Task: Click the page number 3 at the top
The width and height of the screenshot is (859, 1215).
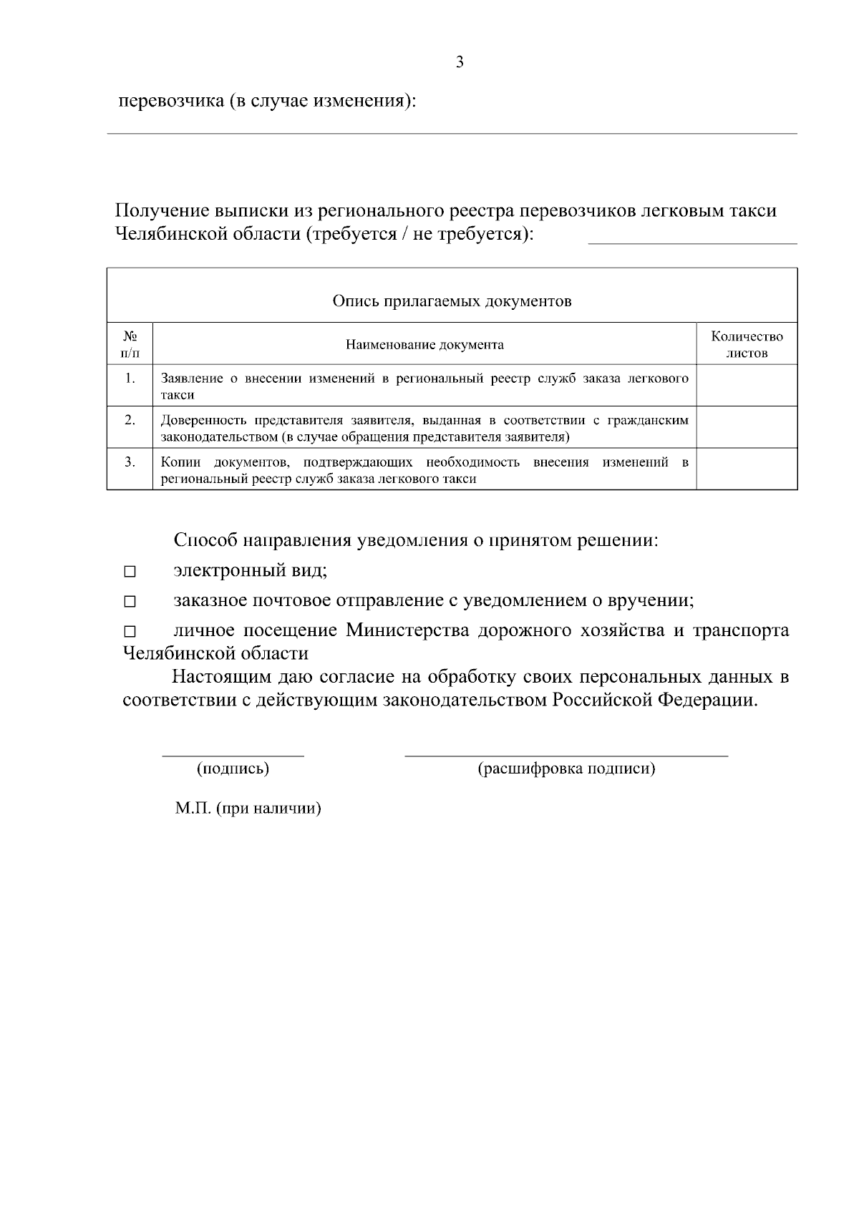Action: click(x=459, y=62)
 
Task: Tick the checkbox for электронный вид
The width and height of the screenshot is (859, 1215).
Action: click(x=130, y=572)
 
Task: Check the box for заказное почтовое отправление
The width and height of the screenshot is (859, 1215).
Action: click(x=130, y=602)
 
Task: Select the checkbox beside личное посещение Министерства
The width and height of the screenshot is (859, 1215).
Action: click(x=130, y=633)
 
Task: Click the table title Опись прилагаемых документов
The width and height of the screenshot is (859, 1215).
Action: click(x=452, y=301)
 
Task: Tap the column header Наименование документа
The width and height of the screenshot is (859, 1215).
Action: click(x=424, y=345)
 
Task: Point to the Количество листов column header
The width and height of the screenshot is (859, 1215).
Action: click(x=747, y=344)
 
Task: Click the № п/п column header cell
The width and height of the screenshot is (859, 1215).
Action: click(x=130, y=344)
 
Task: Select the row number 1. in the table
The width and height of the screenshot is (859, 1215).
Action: click(x=130, y=378)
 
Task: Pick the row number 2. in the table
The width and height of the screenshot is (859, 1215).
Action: click(x=130, y=420)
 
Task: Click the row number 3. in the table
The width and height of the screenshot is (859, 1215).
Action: click(x=130, y=462)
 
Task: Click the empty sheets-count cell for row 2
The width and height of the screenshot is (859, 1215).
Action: click(x=747, y=428)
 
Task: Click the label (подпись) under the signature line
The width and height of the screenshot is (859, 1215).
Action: click(x=233, y=769)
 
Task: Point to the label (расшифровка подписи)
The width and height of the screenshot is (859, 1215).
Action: click(x=566, y=769)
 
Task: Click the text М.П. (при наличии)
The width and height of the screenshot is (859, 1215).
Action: click(x=248, y=809)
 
